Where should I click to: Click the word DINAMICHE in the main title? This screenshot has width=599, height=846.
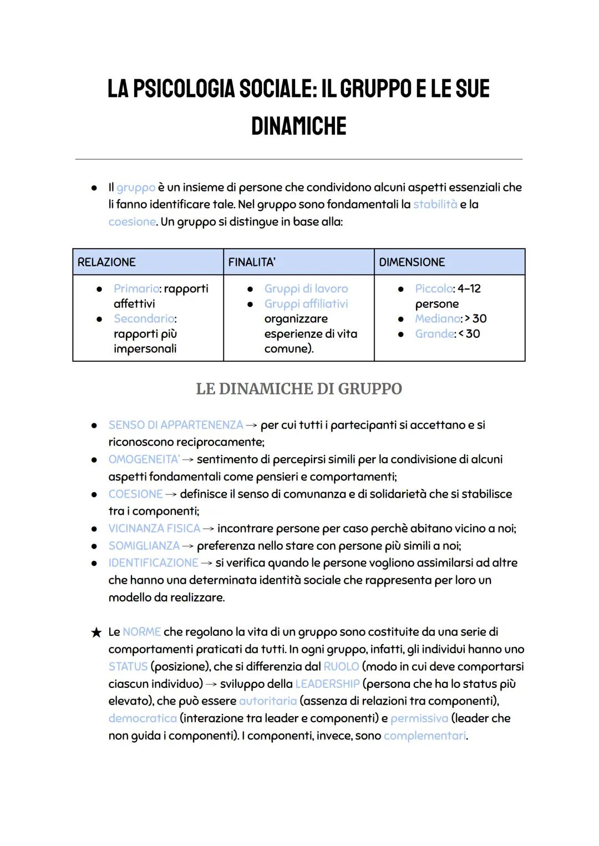coord(298,126)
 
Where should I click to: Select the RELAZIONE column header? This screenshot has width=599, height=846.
coord(106,262)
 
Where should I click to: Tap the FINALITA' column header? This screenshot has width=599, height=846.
coord(252,262)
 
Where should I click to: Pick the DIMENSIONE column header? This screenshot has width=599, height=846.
coord(412,262)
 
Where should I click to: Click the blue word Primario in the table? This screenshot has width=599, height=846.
coord(136,288)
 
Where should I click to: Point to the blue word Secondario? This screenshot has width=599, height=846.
coord(144,318)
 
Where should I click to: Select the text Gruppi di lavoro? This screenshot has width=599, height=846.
coord(306,288)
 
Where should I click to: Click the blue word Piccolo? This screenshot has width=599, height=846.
coord(434,288)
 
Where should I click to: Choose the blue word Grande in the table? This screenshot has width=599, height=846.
coord(435,333)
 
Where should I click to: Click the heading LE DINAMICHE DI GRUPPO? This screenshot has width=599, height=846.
coord(299,389)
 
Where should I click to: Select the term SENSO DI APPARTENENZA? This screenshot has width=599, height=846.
coord(176,425)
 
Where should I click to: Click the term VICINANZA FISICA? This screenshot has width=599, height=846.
coord(154,528)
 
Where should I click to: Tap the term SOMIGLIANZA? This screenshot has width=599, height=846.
coord(144,545)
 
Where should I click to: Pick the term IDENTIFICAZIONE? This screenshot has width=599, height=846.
coord(153,563)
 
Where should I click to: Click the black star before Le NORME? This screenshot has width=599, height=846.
coord(97,632)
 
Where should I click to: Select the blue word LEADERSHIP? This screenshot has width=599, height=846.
coord(327,683)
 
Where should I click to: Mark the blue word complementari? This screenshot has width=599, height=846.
coord(425,736)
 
